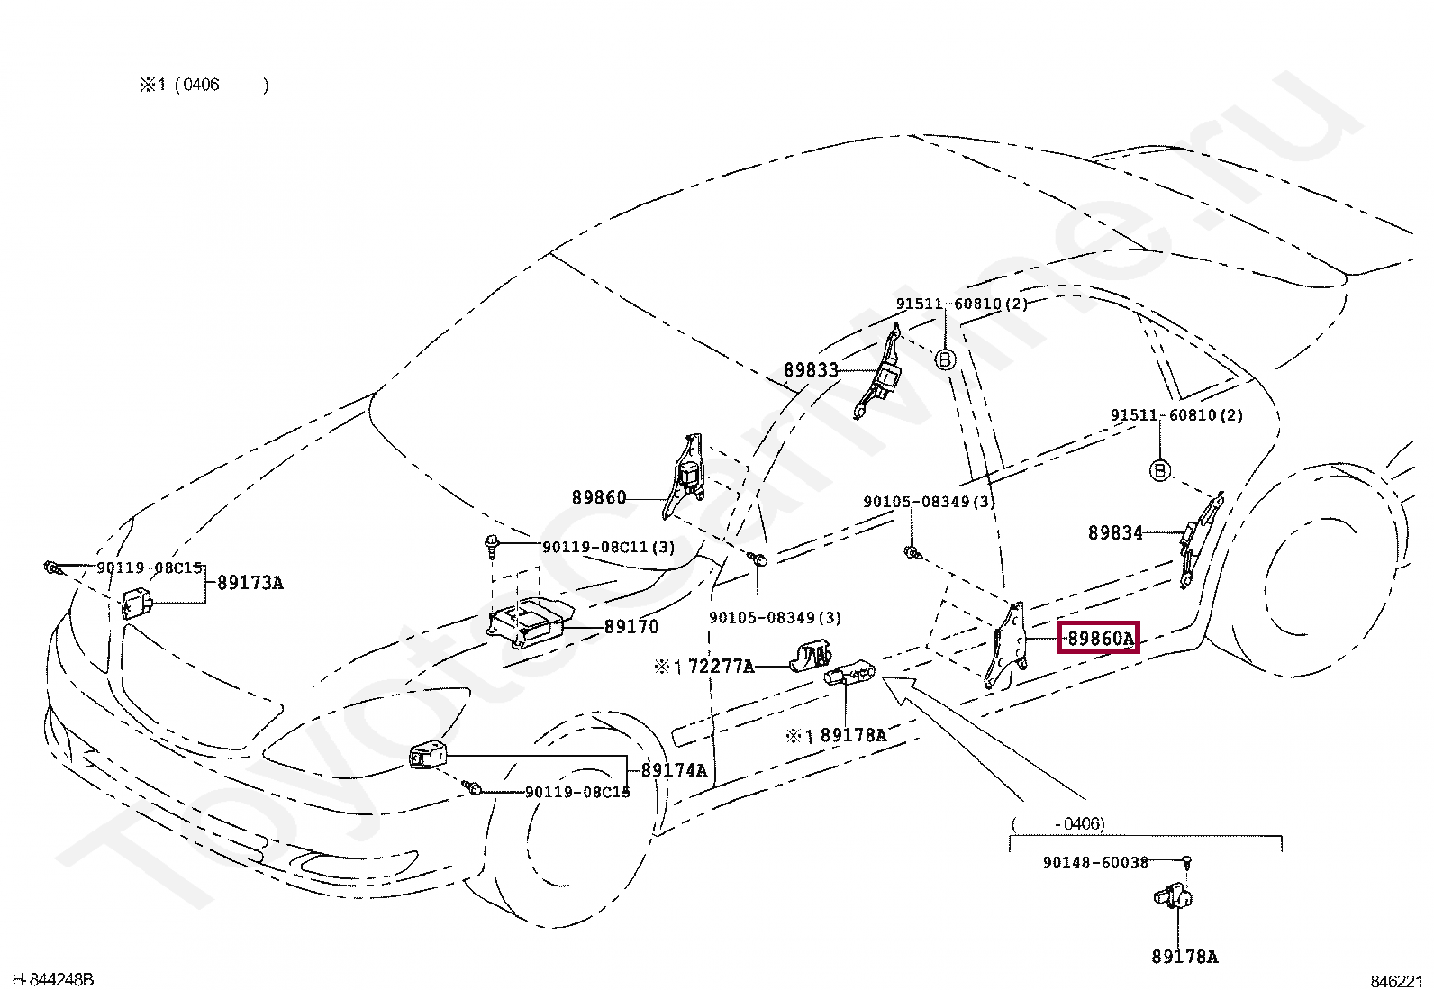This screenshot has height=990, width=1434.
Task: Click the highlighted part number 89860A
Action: (x=1099, y=639)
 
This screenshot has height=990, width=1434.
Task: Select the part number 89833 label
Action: (x=811, y=370)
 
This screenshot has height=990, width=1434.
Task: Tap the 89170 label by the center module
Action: (x=631, y=627)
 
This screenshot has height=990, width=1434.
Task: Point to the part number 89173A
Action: (x=250, y=583)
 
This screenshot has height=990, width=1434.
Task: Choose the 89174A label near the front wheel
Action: (x=674, y=771)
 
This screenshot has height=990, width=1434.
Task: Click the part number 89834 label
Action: (x=1115, y=533)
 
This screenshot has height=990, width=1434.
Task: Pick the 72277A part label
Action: (x=721, y=667)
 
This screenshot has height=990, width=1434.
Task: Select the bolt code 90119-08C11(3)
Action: (x=608, y=547)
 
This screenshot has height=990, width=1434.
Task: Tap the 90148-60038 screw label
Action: (x=1095, y=863)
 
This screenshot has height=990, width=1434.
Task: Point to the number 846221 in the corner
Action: (x=1396, y=981)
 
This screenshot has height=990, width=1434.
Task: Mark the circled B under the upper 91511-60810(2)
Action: (x=945, y=359)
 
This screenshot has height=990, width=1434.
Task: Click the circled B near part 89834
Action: (x=1160, y=470)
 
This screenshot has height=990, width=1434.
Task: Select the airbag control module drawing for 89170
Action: (x=527, y=622)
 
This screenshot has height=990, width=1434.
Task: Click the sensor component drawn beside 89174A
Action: (x=427, y=756)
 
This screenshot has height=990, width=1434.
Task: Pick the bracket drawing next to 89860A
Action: (x=1007, y=647)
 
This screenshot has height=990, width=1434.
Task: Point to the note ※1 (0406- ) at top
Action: (x=204, y=86)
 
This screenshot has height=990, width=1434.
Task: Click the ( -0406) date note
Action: (x=1057, y=823)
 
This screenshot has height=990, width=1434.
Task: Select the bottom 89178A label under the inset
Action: (x=1184, y=957)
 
